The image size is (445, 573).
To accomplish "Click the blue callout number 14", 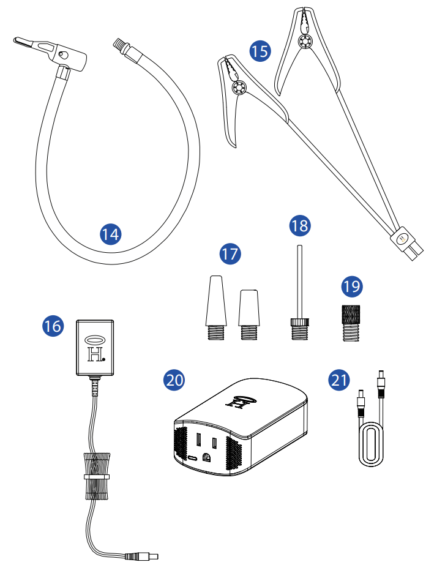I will point(111,233).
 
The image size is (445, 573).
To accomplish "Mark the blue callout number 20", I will point(175,380).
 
